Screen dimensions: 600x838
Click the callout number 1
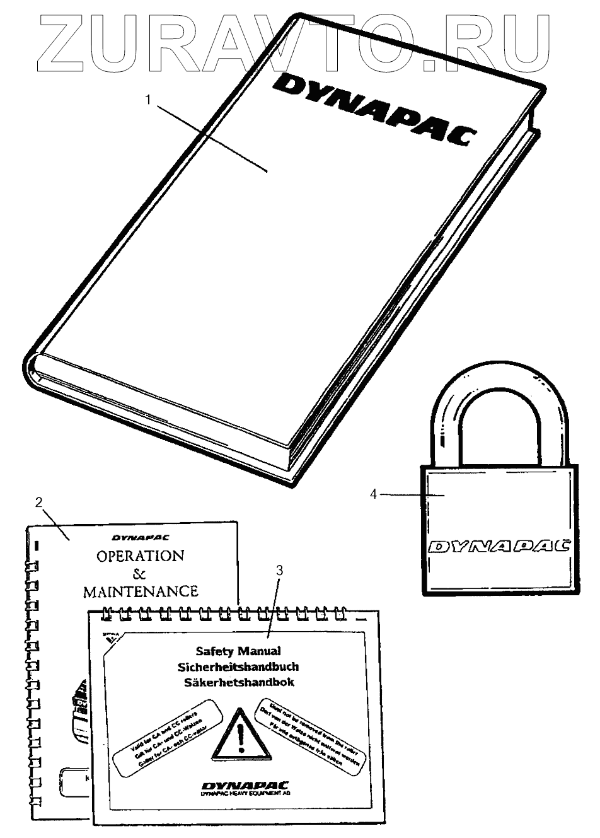(148, 100)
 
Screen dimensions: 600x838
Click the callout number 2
(39, 503)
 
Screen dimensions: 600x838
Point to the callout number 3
(280, 570)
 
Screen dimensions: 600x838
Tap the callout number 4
(373, 494)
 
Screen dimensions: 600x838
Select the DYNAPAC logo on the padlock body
(499, 545)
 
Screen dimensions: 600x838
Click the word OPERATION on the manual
(140, 556)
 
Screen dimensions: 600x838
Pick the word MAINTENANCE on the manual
(141, 591)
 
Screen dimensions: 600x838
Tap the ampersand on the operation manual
(139, 574)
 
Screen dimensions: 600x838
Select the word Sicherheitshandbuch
(239, 666)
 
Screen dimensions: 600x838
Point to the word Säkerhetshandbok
(239, 682)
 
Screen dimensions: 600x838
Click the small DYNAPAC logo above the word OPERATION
(144, 538)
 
